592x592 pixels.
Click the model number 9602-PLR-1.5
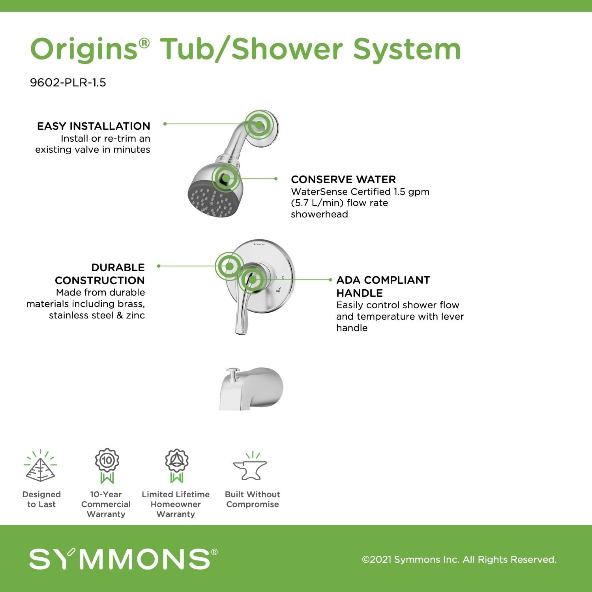coord(68,82)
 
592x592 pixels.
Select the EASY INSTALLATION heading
coord(94,126)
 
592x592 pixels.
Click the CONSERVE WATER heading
coord(343,180)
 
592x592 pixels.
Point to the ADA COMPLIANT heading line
coord(383,280)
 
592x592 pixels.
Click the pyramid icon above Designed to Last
coord(40,466)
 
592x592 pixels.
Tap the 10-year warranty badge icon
coord(107,466)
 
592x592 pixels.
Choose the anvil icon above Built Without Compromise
coord(250,466)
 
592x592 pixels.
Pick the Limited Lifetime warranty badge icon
coord(176,466)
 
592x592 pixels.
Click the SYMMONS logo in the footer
coord(123,558)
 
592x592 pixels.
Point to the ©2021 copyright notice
coord(459,560)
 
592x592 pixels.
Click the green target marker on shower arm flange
coord(259,125)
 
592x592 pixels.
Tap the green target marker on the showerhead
coord(226,178)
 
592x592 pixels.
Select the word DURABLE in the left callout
coord(118,268)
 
